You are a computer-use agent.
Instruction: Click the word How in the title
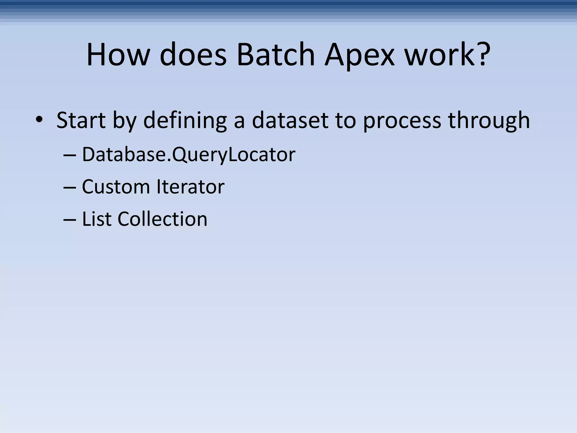point(117,55)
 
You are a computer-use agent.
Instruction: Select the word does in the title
point(193,55)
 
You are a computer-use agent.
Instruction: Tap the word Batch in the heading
point(276,55)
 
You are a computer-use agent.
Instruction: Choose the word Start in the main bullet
point(81,121)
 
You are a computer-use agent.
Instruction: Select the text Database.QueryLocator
point(188,155)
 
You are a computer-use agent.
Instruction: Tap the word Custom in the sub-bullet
point(116,187)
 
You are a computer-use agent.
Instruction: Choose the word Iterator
point(190,187)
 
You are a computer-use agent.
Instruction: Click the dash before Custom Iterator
point(70,187)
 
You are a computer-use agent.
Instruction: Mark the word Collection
point(162,219)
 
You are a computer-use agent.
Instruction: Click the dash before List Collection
point(70,220)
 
